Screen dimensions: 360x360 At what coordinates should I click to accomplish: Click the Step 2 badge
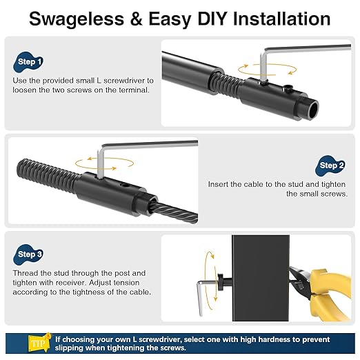pos(332,166)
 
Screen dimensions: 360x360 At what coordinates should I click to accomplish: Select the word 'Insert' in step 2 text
pos(221,184)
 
